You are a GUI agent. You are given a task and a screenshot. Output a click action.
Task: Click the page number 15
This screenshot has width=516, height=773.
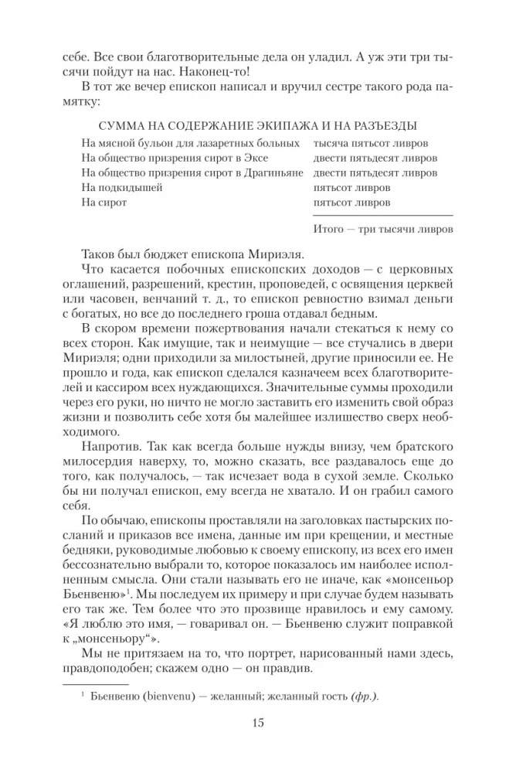tap(258, 723)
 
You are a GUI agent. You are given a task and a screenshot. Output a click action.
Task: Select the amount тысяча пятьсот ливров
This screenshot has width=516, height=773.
tap(372, 144)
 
